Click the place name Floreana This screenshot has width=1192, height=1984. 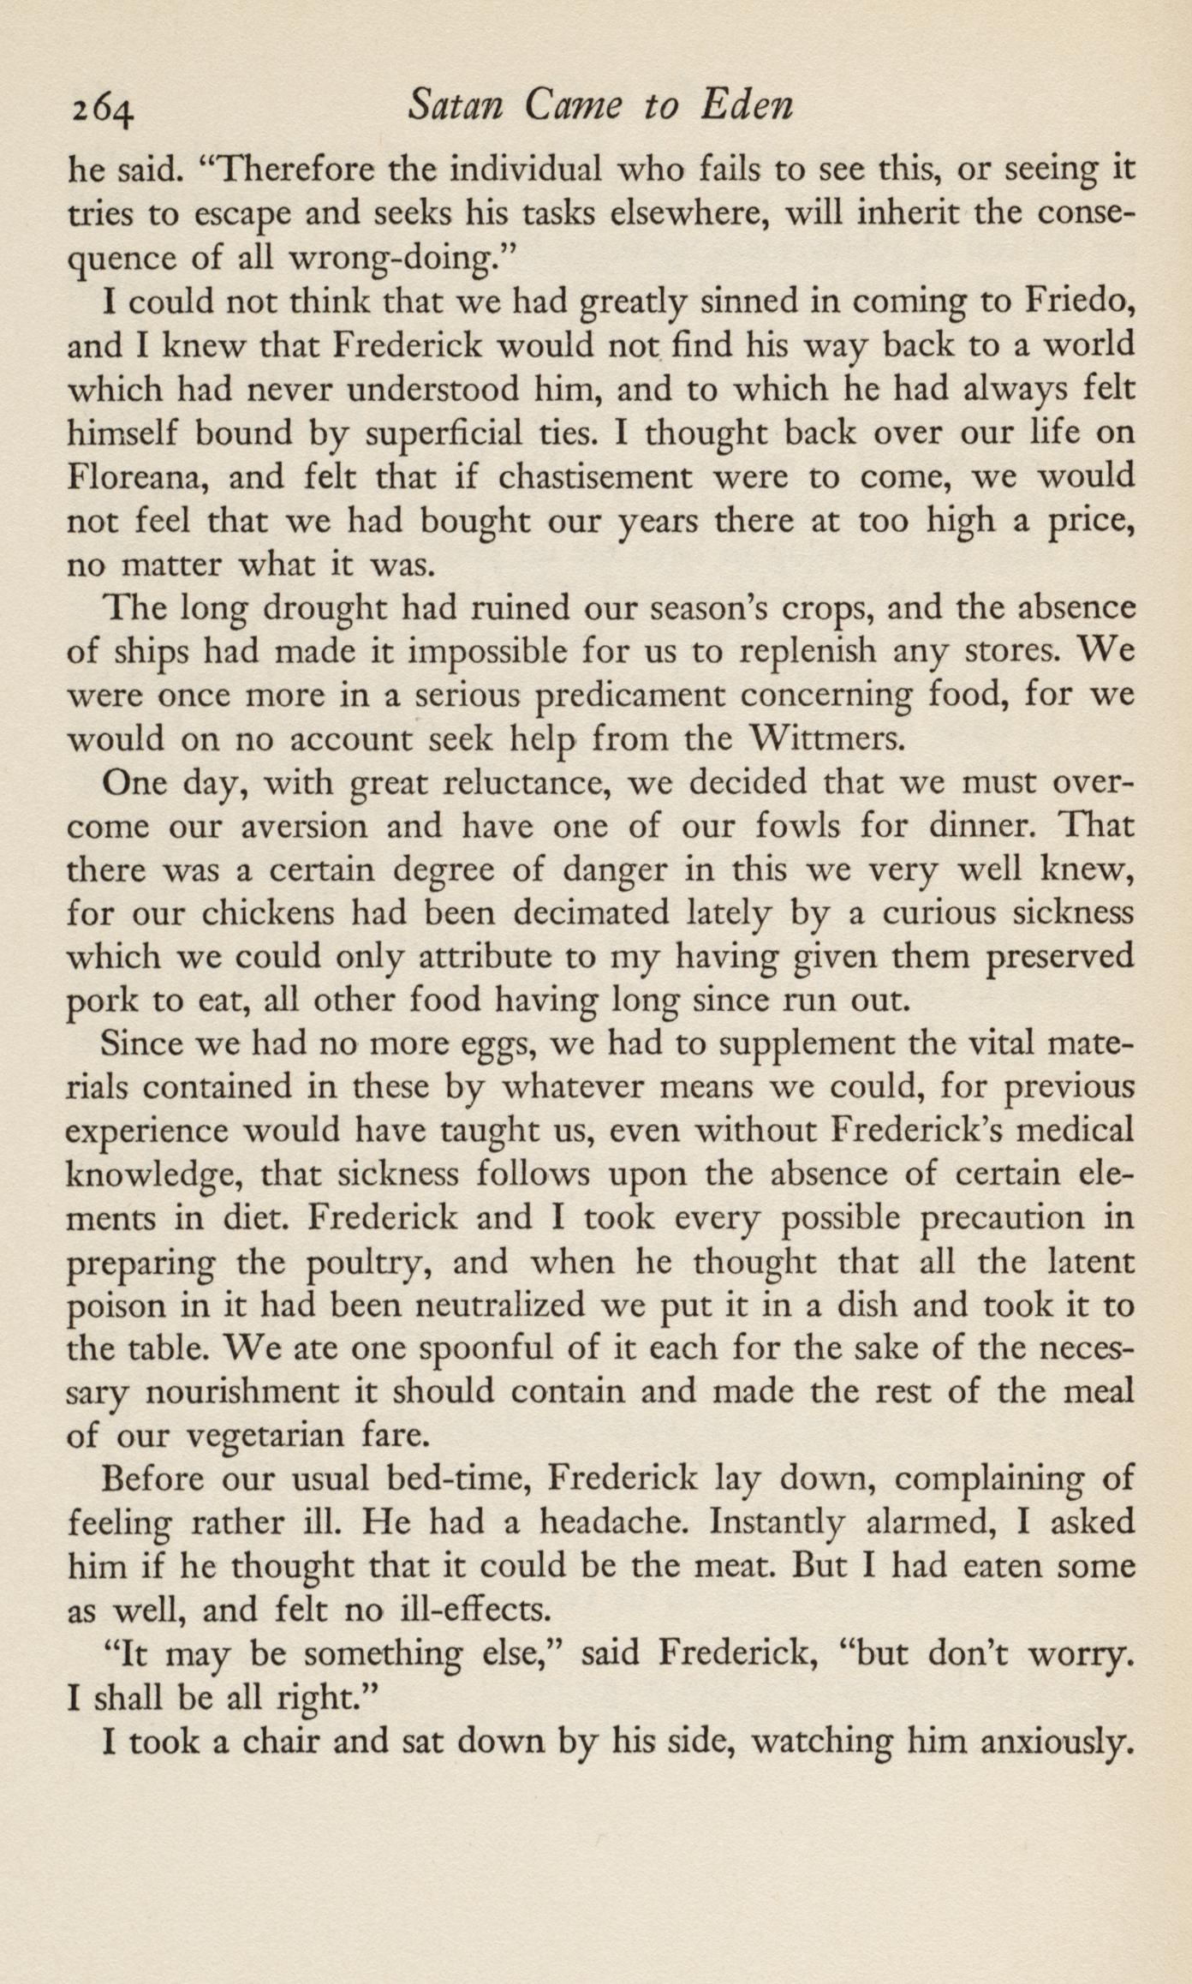134,476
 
